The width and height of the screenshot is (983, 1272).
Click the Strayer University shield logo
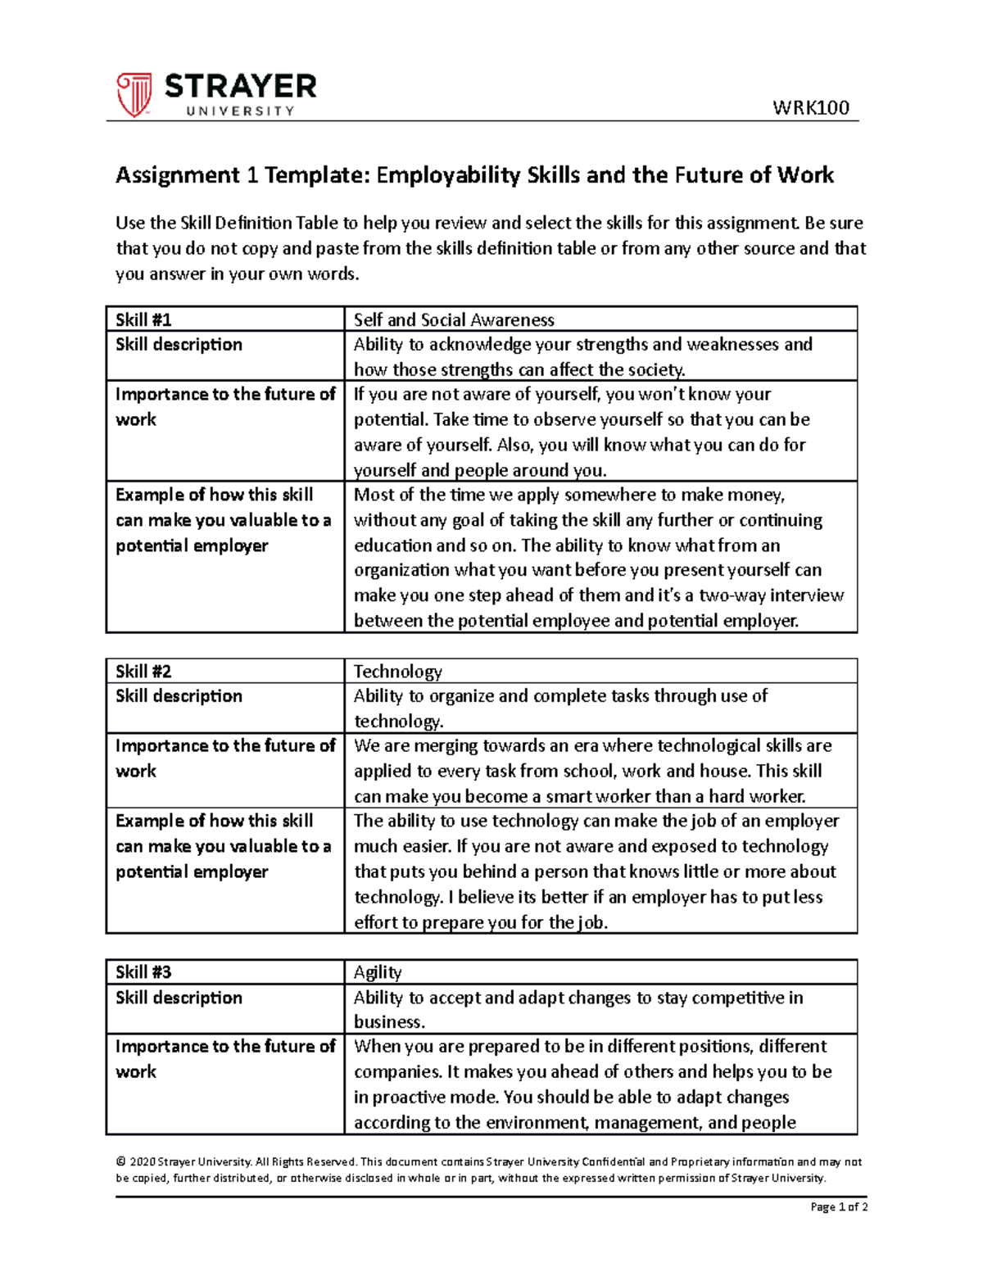click(x=134, y=94)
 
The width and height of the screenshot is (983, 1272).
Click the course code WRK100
click(x=810, y=108)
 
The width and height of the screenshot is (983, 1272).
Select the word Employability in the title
click(x=448, y=175)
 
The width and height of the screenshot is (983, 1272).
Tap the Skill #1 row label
click(x=143, y=320)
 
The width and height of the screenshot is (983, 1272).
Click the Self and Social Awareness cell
click(x=454, y=320)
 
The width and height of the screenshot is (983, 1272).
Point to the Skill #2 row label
click(x=143, y=672)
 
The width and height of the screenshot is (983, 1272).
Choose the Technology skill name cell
click(x=397, y=672)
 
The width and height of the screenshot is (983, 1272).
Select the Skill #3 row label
click(x=143, y=972)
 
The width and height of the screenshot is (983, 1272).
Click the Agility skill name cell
click(x=378, y=972)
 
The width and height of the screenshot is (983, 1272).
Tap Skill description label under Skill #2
click(x=179, y=696)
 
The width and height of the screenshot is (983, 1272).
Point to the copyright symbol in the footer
click(x=120, y=1161)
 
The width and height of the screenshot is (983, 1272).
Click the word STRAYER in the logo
click(x=240, y=86)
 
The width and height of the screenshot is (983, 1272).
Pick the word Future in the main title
click(x=704, y=175)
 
